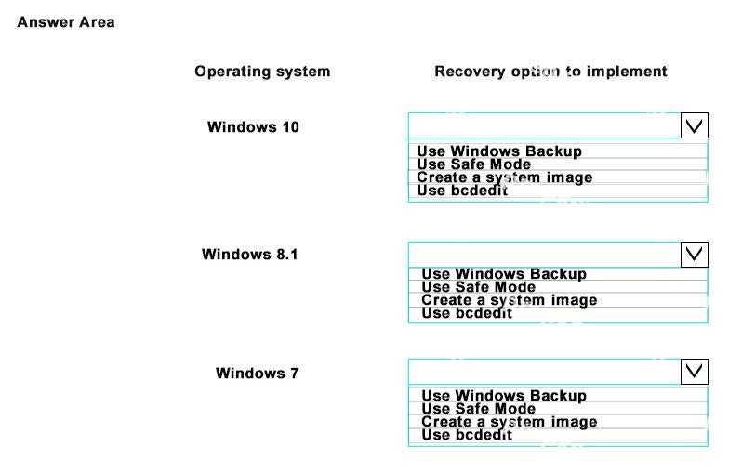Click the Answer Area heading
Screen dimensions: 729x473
pyautogui.click(x=66, y=22)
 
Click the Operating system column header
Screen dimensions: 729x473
pyautogui.click(x=262, y=72)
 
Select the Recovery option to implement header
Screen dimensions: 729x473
pyautogui.click(x=550, y=71)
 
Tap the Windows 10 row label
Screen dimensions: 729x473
pyautogui.click(x=253, y=126)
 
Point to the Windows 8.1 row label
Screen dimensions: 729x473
pyautogui.click(x=249, y=255)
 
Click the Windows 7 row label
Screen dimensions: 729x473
pyautogui.click(x=257, y=374)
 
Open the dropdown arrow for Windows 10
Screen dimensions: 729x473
pyautogui.click(x=694, y=125)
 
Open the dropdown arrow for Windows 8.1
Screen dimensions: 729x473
pyautogui.click(x=694, y=255)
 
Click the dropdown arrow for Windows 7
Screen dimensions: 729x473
pyautogui.click(x=694, y=372)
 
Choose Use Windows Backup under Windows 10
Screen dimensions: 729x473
pyautogui.click(x=499, y=151)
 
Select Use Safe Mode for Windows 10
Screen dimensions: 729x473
pyautogui.click(x=474, y=164)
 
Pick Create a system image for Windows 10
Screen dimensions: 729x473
pyautogui.click(x=504, y=177)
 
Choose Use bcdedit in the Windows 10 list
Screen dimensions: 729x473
pyautogui.click(x=462, y=191)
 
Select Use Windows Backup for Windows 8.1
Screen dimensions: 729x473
pyautogui.click(x=504, y=274)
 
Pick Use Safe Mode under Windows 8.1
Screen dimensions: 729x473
pyautogui.click(x=478, y=287)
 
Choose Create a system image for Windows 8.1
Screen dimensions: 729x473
pyautogui.click(x=510, y=300)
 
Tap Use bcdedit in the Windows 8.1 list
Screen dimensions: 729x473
pyautogui.click(x=467, y=313)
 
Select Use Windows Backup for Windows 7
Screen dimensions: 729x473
pyautogui.click(x=504, y=396)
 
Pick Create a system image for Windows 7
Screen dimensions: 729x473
pyautogui.click(x=510, y=422)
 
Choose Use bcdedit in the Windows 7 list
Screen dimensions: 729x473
pyautogui.click(x=467, y=435)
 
